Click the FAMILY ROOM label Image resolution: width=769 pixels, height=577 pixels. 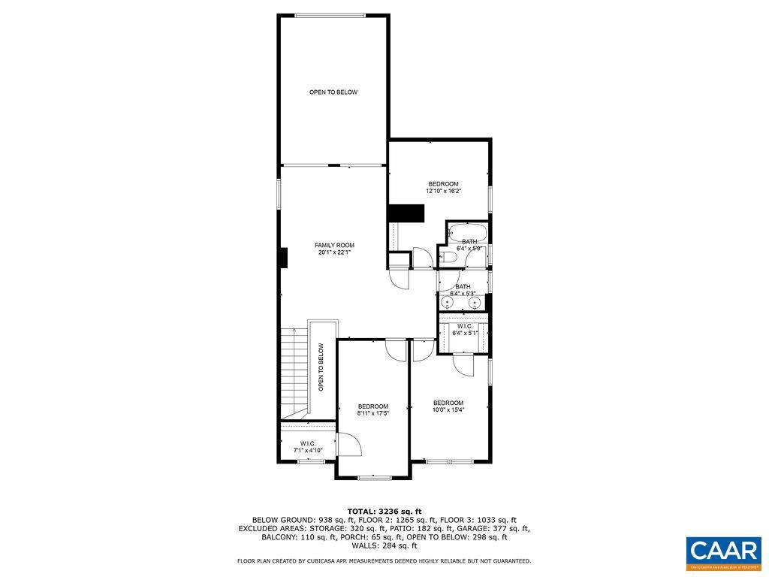[334, 245]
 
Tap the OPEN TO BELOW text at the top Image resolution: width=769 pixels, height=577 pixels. [333, 92]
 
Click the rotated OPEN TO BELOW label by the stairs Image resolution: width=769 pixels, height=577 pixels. [321, 367]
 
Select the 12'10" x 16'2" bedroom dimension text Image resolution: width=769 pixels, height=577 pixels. [443, 192]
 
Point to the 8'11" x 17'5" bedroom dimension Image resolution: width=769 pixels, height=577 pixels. [372, 413]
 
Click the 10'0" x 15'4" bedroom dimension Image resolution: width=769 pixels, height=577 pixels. [448, 409]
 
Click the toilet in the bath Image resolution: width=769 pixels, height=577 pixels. [449, 258]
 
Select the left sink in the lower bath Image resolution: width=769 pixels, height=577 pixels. [448, 302]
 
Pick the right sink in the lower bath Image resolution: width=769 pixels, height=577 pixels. [475, 302]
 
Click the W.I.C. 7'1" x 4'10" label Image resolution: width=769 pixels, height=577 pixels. [307, 446]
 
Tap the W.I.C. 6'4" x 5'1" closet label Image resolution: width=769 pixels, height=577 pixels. [463, 329]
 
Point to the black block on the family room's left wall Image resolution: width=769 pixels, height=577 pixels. [282, 258]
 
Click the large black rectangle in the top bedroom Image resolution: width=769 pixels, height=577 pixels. [406, 213]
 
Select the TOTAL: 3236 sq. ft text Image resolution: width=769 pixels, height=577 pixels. [384, 510]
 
